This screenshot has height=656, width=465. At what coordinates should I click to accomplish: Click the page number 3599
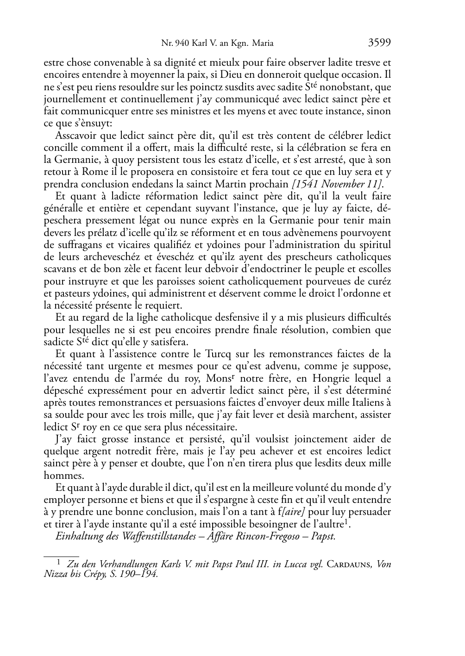[380, 43]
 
